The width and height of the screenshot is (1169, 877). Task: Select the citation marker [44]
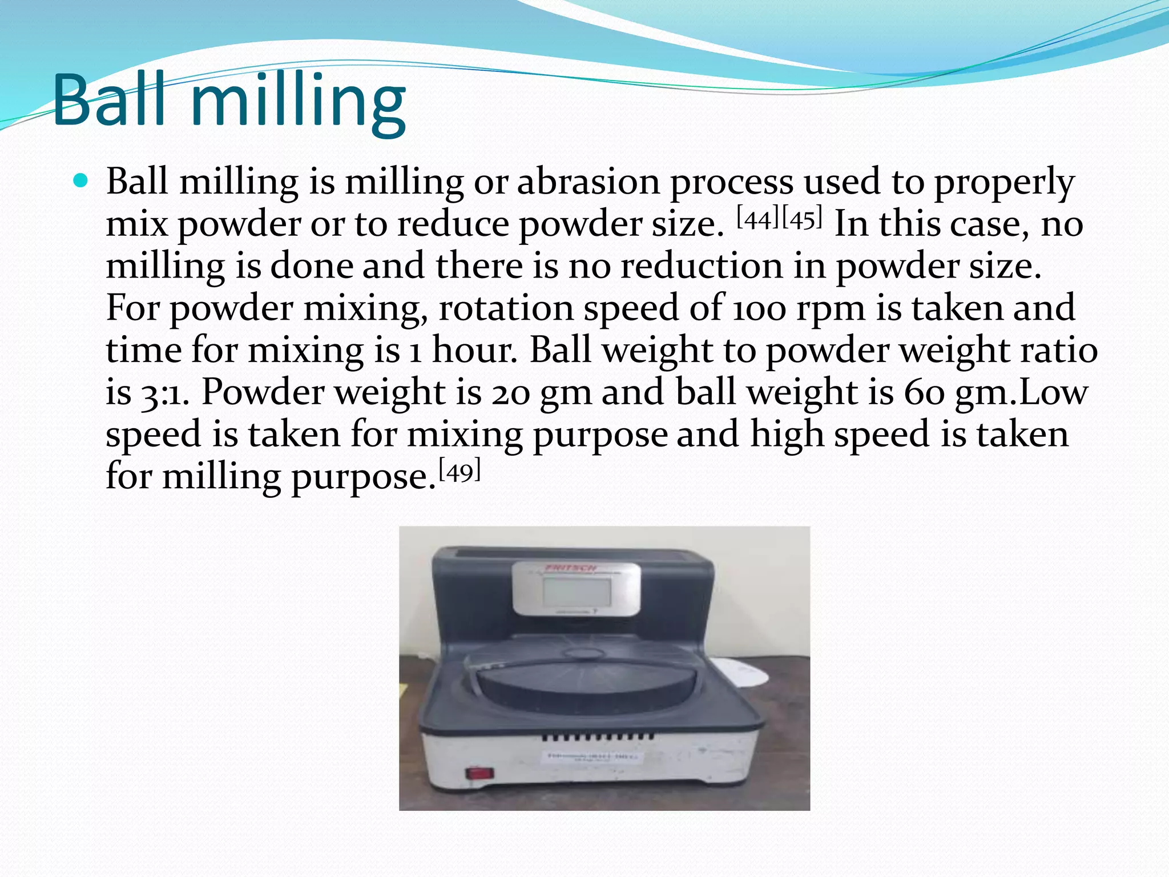[x=759, y=218]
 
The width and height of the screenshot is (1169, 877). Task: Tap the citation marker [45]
[x=802, y=218]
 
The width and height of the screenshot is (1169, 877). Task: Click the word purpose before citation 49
[x=360, y=478]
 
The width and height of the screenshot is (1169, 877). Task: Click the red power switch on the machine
[x=479, y=773]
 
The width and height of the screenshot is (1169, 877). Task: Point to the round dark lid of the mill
[x=586, y=684]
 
